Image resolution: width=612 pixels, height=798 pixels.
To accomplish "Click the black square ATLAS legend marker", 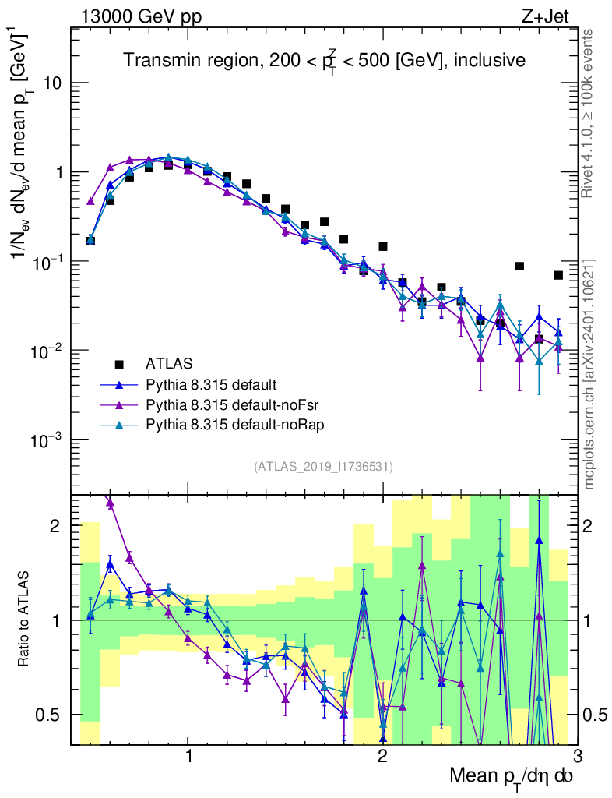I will (x=119, y=363).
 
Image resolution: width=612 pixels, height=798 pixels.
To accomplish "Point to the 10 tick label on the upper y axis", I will (x=53, y=83).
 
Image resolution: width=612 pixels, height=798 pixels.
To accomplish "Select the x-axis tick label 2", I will (x=382, y=755).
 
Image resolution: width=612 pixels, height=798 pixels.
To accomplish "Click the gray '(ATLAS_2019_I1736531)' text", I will (x=323, y=467).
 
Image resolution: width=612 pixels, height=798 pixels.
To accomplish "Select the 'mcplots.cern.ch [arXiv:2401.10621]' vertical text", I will (x=590, y=374).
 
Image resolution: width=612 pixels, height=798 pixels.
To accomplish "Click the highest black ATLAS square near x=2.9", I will (x=558, y=275).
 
